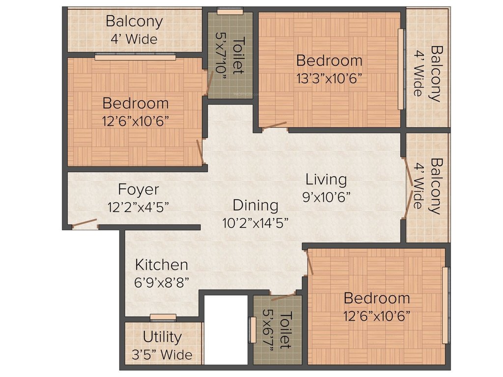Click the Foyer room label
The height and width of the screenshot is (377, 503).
138,189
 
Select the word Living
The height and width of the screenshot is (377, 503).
326,179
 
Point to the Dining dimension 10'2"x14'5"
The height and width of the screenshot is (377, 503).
254,222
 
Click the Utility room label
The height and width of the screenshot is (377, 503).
162,337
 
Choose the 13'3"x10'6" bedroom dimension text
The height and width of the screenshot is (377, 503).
329,78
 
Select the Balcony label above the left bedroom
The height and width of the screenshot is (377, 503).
134,22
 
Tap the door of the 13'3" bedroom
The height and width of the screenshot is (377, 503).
274,126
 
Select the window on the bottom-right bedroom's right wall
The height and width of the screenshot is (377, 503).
445,305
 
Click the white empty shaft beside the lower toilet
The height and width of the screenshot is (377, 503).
226,330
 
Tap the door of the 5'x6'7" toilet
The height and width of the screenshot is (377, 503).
283,296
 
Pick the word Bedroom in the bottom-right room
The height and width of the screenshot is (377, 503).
376,298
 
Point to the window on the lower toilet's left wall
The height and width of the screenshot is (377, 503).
252,330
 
